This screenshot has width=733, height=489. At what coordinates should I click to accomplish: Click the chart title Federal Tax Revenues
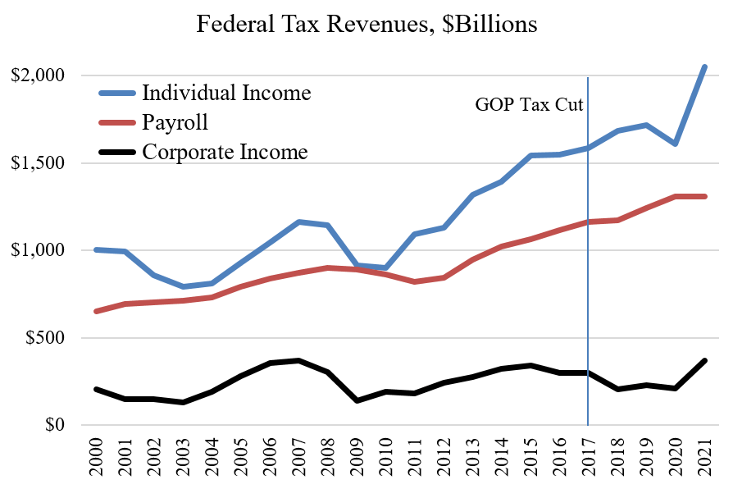(366, 25)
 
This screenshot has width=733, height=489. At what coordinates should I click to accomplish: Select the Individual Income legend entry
(226, 92)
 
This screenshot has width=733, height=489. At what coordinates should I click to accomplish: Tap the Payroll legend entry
(175, 122)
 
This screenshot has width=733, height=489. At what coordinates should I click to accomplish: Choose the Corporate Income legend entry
(225, 152)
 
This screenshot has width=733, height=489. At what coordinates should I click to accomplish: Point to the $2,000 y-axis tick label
(39, 75)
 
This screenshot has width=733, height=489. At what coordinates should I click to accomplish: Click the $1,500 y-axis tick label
(39, 163)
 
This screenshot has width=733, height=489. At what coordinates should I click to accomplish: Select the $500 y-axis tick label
(44, 338)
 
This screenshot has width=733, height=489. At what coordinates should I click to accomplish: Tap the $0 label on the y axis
(54, 426)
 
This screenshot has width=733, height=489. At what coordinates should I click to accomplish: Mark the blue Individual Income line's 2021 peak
(704, 66)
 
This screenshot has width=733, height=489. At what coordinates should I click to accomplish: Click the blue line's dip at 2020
(675, 144)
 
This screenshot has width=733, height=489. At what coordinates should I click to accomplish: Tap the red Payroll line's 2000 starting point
(96, 312)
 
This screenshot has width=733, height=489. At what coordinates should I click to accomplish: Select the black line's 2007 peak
(298, 360)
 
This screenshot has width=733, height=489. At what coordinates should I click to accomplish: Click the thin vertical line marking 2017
(588, 287)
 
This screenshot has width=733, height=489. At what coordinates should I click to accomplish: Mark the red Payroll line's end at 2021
(704, 196)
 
